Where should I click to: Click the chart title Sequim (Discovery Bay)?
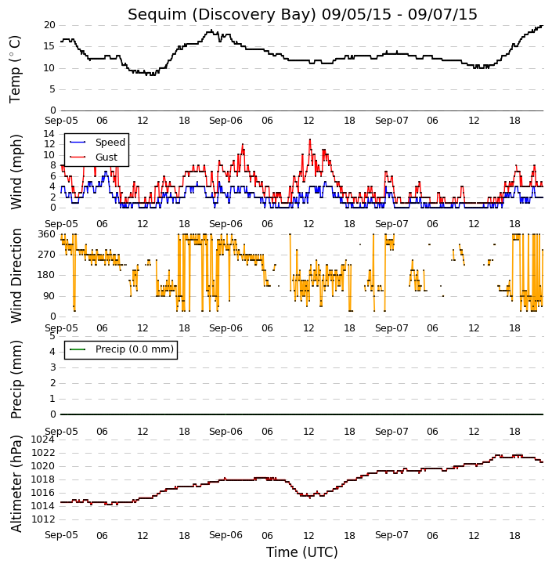coord(222,15)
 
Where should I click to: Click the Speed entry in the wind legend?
coord(110,143)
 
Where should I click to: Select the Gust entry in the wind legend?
coord(106,157)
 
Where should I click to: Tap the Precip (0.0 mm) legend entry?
coord(135,349)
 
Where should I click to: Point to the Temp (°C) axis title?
coord(15,69)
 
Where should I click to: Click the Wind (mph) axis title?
coord(16,172)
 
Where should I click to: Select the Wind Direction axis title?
coord(16,276)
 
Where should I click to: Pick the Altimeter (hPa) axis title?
coord(16,484)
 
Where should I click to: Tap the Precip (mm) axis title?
coord(16,379)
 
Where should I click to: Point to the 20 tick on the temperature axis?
coord(49,25)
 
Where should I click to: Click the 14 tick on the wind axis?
coord(49,134)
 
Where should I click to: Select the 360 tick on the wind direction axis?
coord(47,234)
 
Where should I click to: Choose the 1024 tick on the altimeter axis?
coord(43,440)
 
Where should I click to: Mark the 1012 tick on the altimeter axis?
coord(43,519)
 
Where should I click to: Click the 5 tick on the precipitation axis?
coord(52,336)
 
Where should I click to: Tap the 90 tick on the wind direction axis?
coord(49,296)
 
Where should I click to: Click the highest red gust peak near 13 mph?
coord(310,139)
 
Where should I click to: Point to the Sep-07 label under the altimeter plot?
coord(391,535)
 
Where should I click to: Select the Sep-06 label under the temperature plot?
coord(225,121)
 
